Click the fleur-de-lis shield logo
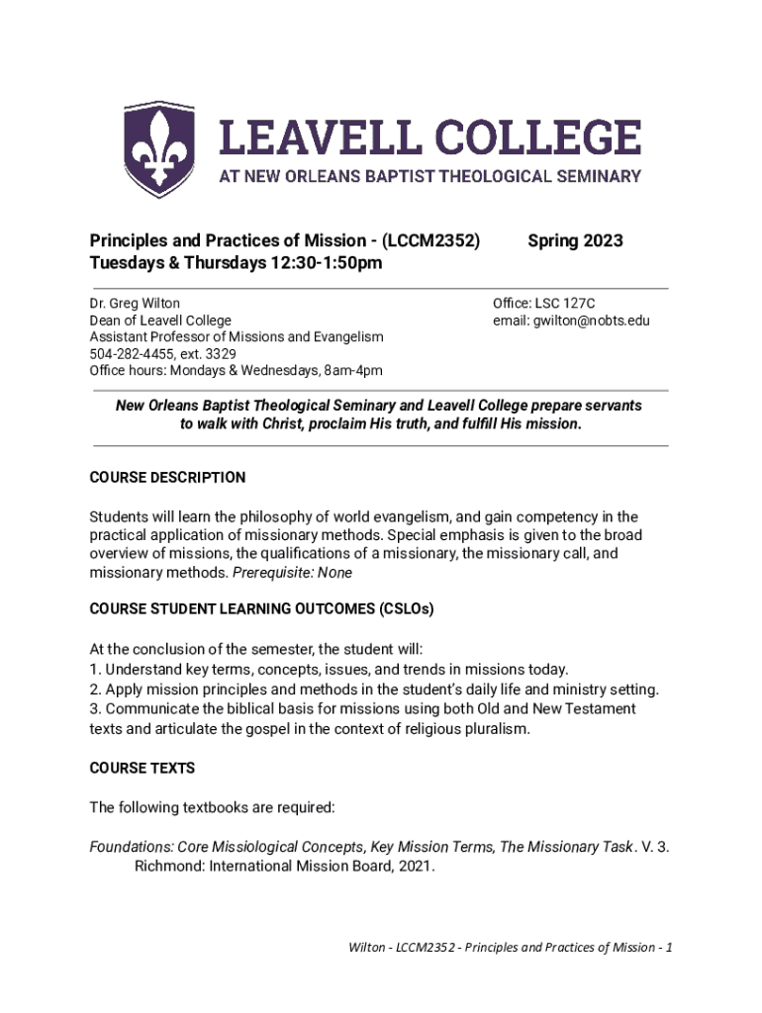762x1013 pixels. [158, 148]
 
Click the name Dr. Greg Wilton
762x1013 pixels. [135, 304]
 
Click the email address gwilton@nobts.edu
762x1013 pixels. [591, 321]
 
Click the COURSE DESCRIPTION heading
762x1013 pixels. [167, 478]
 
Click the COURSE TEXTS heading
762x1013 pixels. [143, 768]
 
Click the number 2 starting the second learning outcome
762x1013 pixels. [94, 689]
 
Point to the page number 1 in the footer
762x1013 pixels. [670, 947]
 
